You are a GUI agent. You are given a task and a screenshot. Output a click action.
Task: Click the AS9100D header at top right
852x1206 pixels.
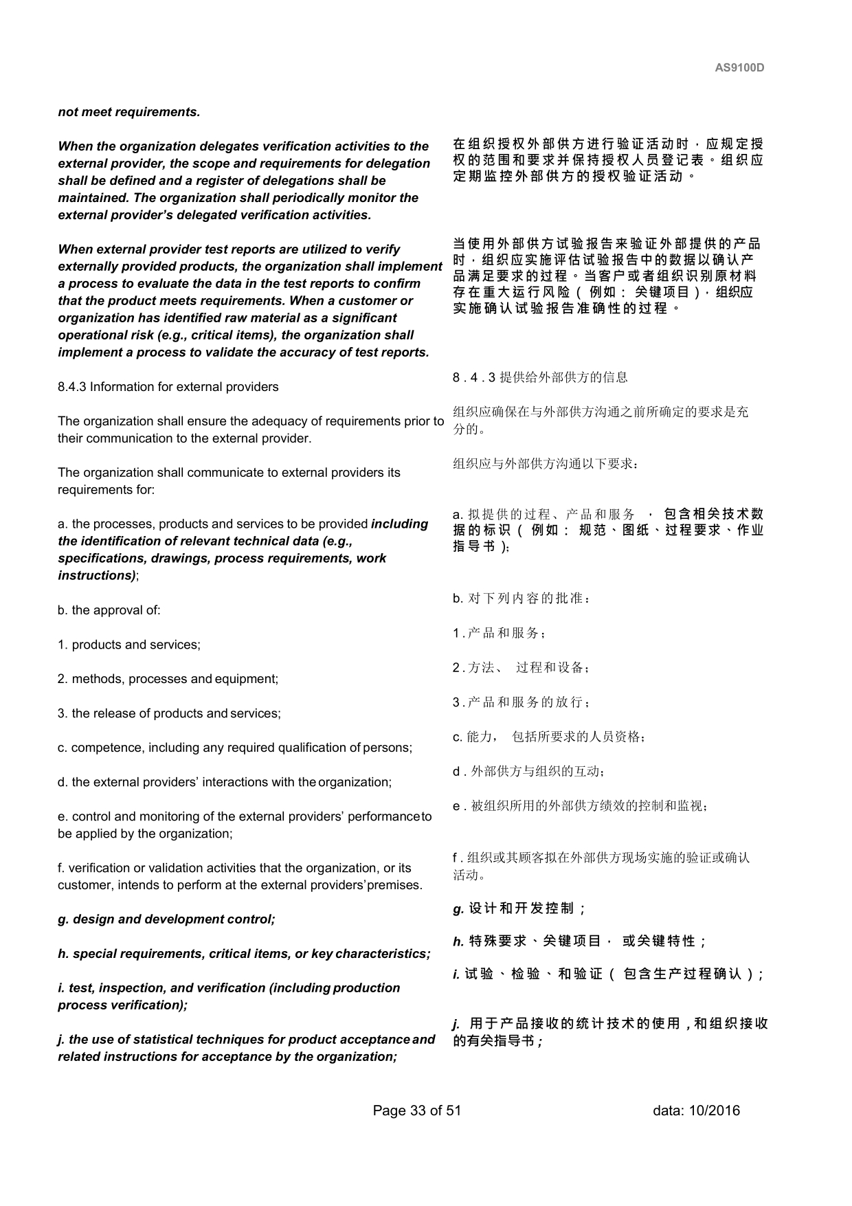click(x=739, y=68)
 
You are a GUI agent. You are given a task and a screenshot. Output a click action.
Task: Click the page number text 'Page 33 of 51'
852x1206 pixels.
click(x=416, y=1110)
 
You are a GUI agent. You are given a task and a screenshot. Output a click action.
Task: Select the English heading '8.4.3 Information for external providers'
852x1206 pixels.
click(x=168, y=387)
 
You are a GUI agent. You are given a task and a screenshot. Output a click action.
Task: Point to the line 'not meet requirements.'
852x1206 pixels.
click(x=128, y=112)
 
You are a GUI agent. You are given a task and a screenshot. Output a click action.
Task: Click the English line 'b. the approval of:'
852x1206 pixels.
click(x=109, y=610)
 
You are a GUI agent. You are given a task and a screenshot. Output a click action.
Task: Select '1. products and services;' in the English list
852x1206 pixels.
click(x=128, y=645)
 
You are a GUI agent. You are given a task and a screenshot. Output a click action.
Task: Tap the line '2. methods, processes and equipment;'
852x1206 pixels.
click(x=168, y=679)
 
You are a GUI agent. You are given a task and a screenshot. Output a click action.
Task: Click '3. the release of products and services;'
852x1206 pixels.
click(x=169, y=713)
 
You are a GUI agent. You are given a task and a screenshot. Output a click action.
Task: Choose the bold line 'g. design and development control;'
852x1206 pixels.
click(x=166, y=919)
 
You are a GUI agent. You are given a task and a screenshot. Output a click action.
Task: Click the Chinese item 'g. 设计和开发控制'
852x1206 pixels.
click(x=519, y=908)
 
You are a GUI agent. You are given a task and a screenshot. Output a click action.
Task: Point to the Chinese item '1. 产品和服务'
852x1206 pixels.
click(x=499, y=633)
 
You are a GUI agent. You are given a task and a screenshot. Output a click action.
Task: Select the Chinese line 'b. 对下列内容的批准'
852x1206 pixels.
click(x=522, y=599)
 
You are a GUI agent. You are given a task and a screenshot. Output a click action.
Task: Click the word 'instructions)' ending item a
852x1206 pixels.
click(x=97, y=576)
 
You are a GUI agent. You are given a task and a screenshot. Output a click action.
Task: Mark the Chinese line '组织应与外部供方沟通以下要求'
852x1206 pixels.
click(x=546, y=464)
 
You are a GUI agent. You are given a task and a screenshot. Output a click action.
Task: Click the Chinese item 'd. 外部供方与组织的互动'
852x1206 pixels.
click(x=528, y=772)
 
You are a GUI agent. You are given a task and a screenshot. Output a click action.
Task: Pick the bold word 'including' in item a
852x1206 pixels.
click(x=399, y=524)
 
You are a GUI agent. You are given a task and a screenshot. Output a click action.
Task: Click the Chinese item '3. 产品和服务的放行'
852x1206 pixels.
click(x=521, y=702)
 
